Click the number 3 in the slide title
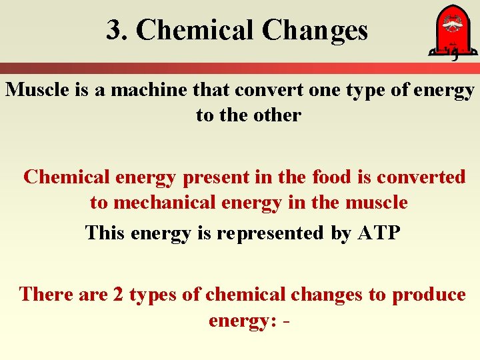pyautogui.click(x=114, y=30)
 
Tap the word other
pyautogui.click(x=275, y=115)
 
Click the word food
pyautogui.click(x=331, y=177)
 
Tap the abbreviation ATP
pyautogui.click(x=379, y=233)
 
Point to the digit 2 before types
pyautogui.click(x=118, y=294)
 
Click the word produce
pyautogui.click(x=429, y=294)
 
